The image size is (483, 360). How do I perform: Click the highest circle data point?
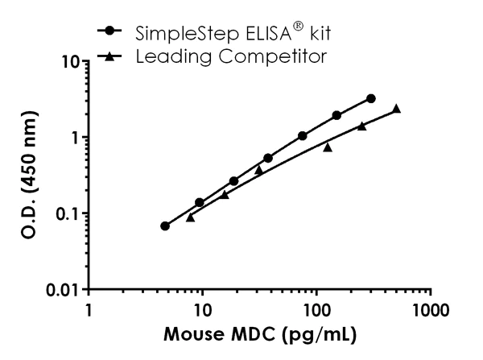[370, 98]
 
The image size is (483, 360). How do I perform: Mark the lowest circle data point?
[165, 226]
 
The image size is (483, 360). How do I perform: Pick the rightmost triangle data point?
[396, 109]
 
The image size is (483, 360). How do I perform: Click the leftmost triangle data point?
[190, 217]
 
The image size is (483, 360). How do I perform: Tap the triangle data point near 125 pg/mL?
[328, 147]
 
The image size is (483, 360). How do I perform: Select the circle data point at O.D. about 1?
[303, 136]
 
